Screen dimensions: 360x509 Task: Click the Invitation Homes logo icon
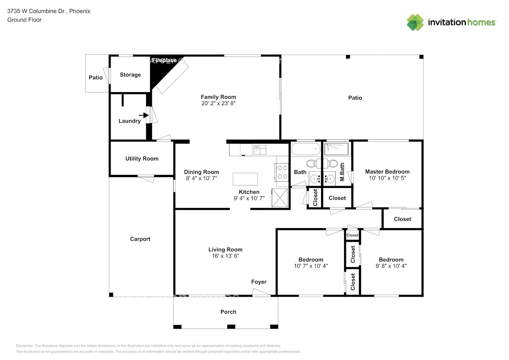(x=415, y=22)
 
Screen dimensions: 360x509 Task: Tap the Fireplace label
(x=164, y=60)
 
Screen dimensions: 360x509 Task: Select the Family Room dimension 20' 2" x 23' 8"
(x=218, y=103)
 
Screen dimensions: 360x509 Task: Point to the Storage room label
(x=130, y=75)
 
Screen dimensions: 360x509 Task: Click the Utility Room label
(x=142, y=159)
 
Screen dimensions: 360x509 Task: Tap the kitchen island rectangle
(x=245, y=179)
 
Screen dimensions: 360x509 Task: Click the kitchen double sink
(x=260, y=150)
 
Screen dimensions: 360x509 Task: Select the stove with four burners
(x=282, y=172)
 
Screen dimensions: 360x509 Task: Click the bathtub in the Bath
(x=306, y=149)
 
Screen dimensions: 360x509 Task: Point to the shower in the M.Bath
(x=337, y=149)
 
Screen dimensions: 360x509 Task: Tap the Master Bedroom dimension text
(x=387, y=178)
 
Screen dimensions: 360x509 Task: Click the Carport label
(x=140, y=239)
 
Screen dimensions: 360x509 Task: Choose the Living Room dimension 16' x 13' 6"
(x=225, y=256)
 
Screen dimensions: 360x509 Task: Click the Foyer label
(x=259, y=282)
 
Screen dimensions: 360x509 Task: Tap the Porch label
(x=228, y=312)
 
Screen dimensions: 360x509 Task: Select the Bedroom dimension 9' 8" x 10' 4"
(x=391, y=266)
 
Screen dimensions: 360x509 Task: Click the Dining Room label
(x=201, y=172)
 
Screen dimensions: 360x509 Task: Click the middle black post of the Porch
(x=231, y=327)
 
